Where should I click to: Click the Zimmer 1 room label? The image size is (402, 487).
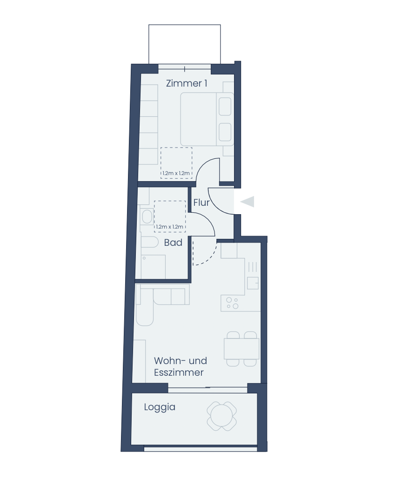pos(187,83)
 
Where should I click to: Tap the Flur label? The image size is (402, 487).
pos(201,203)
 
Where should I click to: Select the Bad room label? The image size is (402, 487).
pos(173,243)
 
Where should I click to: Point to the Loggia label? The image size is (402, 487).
pos(160,407)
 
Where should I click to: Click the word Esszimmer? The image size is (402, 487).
pos(179,372)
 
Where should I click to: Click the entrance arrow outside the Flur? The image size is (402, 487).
pos(247,202)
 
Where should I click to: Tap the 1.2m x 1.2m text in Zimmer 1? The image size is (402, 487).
pos(176,173)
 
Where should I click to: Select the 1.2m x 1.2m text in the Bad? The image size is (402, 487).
pos(169,227)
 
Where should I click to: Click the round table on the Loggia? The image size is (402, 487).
pos(222,416)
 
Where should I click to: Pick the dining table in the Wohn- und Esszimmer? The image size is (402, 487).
pos(241,349)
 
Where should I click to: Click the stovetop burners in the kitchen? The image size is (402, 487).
pos(232,303)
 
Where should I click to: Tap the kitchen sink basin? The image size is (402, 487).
pos(253,283)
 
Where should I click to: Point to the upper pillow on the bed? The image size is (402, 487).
pos(225,107)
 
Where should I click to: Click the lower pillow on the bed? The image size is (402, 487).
pos(225,132)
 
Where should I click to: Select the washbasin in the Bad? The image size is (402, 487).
pos(147,216)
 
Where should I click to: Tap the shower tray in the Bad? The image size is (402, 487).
pos(154,267)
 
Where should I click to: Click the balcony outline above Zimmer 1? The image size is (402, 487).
pos(184,25)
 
